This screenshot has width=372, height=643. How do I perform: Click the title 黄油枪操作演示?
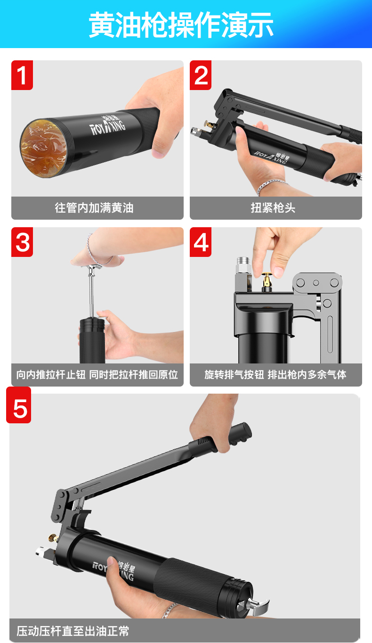tap(181, 25)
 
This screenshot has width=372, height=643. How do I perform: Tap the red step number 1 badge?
tap(22, 75)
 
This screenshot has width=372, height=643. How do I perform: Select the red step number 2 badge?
tap(201, 75)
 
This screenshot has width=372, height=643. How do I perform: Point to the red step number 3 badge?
tap(22, 242)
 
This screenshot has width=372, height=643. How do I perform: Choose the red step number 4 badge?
tap(201, 242)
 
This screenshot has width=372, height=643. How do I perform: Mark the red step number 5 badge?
tap(19, 405)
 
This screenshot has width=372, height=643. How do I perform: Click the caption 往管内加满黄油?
tap(94, 208)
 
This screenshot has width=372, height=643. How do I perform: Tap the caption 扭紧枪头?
tap(273, 208)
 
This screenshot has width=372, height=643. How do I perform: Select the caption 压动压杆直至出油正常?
tap(73, 631)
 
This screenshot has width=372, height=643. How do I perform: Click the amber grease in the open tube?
tap(44, 148)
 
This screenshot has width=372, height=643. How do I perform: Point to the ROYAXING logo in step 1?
tap(108, 124)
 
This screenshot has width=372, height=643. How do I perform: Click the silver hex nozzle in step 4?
tap(244, 265)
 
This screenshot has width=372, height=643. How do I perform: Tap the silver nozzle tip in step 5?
tap(41, 551)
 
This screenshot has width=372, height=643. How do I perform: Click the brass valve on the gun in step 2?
tap(210, 124)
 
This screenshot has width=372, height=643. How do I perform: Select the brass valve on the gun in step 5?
tap(53, 537)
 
